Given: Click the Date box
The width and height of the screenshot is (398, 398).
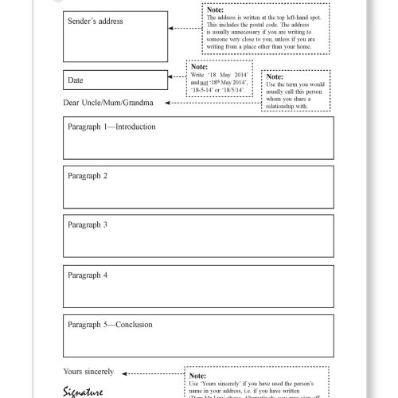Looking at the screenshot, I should (115, 80).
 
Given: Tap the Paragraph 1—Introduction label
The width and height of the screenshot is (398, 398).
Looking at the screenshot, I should (111, 127).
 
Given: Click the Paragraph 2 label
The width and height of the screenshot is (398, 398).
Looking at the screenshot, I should (88, 175).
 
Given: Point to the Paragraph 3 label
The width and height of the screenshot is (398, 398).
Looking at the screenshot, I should (88, 224).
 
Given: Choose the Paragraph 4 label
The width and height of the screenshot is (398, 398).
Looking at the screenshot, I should (88, 275).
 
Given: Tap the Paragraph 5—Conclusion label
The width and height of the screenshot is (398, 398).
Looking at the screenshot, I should (110, 324).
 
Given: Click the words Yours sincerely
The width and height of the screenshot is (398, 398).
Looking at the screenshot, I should (88, 372).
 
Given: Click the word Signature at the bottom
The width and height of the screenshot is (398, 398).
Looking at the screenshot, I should (83, 391).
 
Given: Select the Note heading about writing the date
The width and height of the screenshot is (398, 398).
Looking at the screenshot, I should (199, 67).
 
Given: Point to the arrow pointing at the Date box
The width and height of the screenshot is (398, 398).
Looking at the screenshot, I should (177, 77).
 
